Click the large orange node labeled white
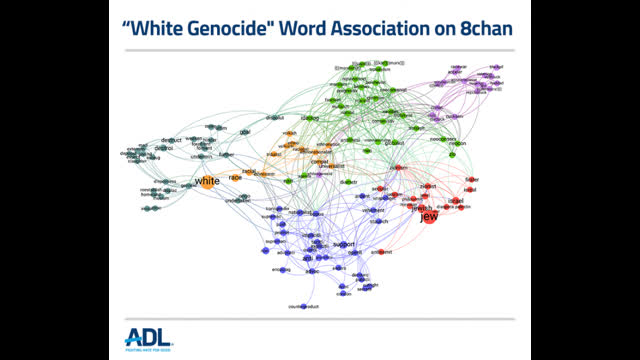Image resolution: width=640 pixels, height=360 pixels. tap(206, 181)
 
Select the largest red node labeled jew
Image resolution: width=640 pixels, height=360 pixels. tap(429, 215)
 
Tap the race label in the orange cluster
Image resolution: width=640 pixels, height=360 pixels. tap(236, 177)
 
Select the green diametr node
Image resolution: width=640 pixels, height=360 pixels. tap(346, 182)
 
